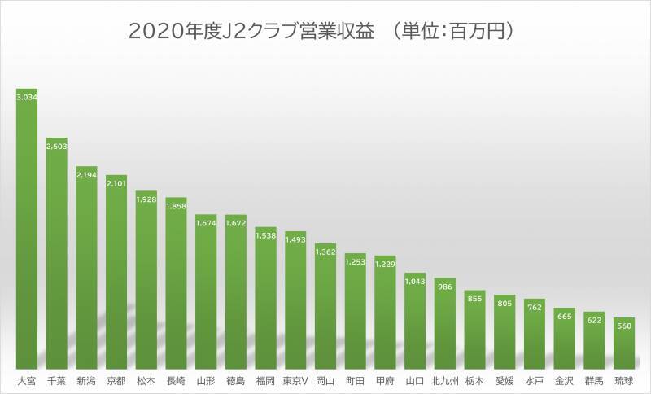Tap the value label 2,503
(57, 146)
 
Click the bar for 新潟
(86, 269)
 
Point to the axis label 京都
(116, 380)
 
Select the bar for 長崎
(176, 285)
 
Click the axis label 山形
(206, 380)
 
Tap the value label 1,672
(236, 223)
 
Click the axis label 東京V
(295, 380)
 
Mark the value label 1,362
(325, 252)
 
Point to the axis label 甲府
(385, 380)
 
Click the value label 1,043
(415, 282)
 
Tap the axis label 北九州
(444, 380)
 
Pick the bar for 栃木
(474, 330)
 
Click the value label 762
(534, 308)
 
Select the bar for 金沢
(564, 338)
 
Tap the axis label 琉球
(623, 380)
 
